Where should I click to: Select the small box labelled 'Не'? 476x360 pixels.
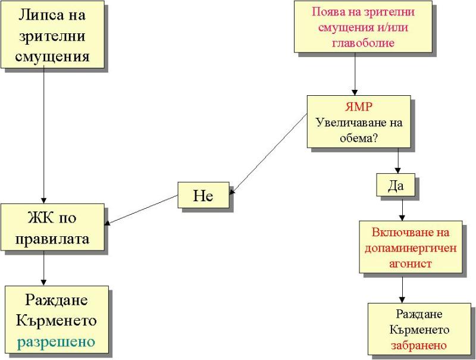tap(203, 195)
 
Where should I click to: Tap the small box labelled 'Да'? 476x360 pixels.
tap(396, 185)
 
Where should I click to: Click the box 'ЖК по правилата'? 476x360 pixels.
tap(53, 228)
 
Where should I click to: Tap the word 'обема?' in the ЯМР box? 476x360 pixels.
tap(359, 137)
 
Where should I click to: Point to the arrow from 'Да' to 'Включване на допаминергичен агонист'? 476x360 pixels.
tap(403, 208)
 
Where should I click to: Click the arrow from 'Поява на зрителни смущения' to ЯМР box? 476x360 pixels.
tap(355, 74)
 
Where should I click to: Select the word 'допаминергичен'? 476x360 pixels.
tap(411, 248)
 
